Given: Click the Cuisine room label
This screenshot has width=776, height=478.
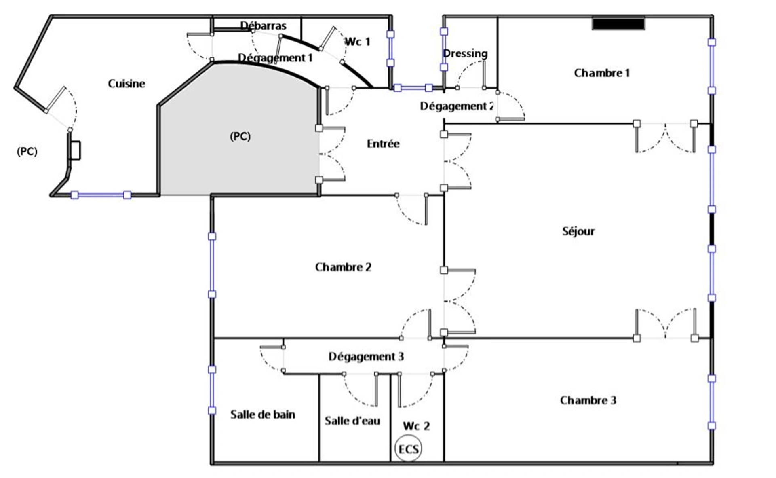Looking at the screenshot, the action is coord(126,84).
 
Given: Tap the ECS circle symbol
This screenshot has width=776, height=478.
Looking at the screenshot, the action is coord(408,449).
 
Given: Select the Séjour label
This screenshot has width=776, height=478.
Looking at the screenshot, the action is coord(578,231).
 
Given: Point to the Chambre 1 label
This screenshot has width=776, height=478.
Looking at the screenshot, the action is coord(602,73).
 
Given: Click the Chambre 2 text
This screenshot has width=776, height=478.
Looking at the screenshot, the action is coord(343,267).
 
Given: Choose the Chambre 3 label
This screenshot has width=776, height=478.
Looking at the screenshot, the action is coord(588,400).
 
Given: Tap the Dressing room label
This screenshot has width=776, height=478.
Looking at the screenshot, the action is coord(465,54).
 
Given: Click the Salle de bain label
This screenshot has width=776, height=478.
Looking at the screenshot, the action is coord(263,415).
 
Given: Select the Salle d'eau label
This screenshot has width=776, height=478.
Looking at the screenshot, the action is coord(352,421).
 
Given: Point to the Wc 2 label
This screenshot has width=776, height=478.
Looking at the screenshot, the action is coord(416,426).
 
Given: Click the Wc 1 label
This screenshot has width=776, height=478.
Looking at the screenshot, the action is coord(357,42).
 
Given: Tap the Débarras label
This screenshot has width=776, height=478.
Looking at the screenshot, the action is coord(263,26).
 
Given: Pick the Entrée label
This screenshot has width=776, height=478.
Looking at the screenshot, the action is coord(383,144).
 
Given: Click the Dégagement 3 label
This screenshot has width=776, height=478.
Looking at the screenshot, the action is coord(366,357).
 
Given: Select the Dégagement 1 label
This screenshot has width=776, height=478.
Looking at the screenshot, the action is coord(275,58).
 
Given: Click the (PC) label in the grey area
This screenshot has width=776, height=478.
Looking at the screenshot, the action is coord(240,137).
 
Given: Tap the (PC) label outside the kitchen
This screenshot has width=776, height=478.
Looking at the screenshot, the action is coord(27,152).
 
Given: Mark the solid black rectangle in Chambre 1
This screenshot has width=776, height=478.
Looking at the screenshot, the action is coord(618,23).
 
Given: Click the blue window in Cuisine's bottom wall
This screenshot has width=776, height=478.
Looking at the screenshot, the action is coord(101,195).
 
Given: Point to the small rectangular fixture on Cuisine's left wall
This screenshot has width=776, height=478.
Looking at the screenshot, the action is coord(75,150).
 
